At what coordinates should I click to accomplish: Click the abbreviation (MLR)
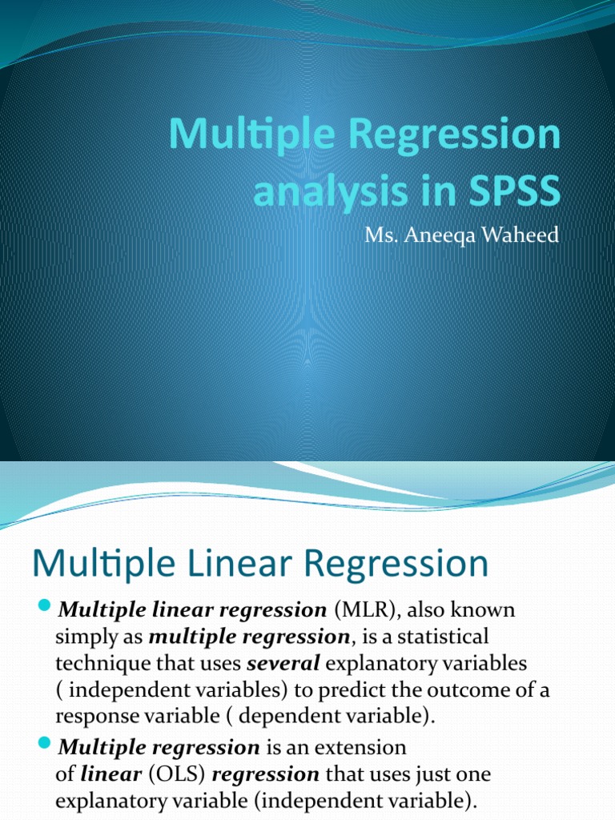tap(356, 610)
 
